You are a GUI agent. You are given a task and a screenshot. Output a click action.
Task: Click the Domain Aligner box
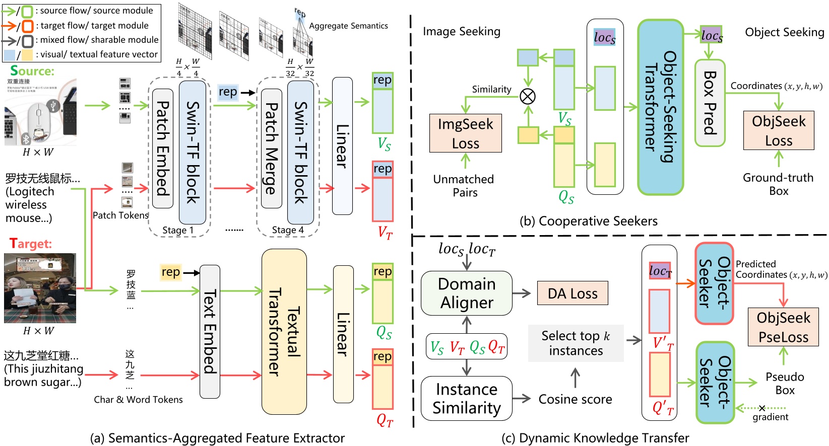coord(467,293)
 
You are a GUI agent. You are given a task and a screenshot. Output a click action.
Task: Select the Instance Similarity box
coord(467,398)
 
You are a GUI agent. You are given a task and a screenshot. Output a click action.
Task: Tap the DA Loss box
coord(572,293)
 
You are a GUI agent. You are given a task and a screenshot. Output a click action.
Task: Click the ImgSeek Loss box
coord(465,133)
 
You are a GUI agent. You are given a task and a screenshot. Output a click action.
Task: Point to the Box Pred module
coord(710,103)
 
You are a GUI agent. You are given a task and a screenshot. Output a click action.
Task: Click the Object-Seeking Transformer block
coord(660,107)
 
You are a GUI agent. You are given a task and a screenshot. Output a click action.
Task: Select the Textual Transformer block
coord(284,332)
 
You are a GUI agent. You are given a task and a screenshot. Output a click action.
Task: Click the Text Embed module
coord(210,332)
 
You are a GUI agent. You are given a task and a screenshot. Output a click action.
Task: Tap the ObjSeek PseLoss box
coord(783,327)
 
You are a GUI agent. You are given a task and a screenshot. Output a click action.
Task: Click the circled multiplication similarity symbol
coord(528,96)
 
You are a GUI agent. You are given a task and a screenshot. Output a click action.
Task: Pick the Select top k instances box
coord(576,343)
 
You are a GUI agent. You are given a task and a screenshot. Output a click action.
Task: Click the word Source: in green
coord(32,71)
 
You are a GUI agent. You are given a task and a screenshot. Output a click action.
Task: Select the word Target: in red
coord(31,244)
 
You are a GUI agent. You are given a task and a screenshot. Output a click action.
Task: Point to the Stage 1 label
coord(177,230)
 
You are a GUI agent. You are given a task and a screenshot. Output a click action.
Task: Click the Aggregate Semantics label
coord(348,26)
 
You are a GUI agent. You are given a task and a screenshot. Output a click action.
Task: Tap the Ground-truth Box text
coord(778,184)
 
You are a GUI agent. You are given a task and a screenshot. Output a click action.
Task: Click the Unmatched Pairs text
coord(464,186)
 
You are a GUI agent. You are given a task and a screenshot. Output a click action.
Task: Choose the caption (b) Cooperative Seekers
coord(588,221)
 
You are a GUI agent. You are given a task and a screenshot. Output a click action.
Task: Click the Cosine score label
coord(575,399)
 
